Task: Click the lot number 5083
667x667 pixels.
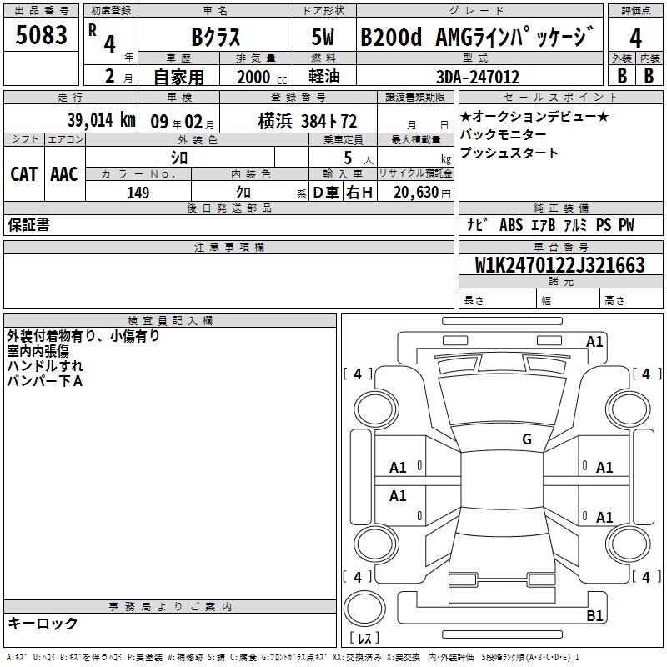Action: (x=41, y=34)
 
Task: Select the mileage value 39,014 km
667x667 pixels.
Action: (x=101, y=120)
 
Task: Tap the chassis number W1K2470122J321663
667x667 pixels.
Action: (x=560, y=265)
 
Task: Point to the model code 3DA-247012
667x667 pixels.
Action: (x=478, y=77)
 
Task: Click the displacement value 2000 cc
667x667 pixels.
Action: (x=262, y=77)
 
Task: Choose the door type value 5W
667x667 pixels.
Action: (x=323, y=37)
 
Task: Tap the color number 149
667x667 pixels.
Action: (x=138, y=193)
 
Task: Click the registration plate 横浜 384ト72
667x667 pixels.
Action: (x=308, y=121)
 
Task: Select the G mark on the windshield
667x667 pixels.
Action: (x=527, y=439)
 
